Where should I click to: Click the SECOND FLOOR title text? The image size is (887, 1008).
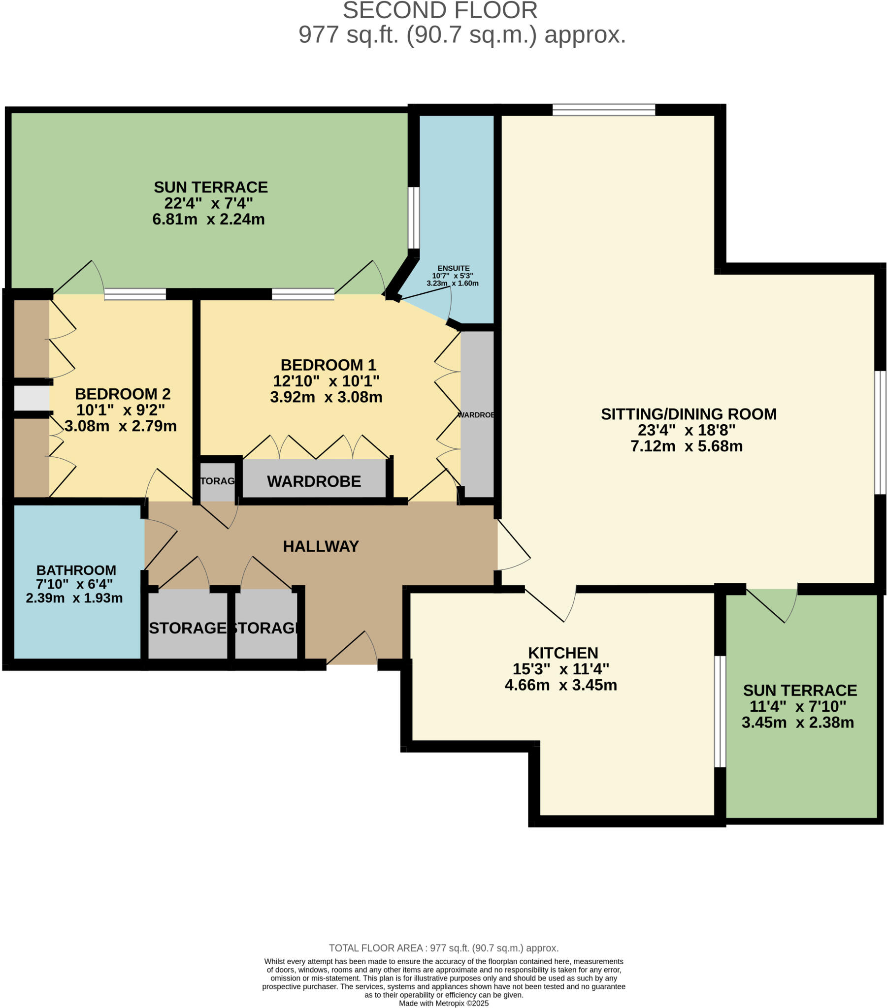(x=440, y=11)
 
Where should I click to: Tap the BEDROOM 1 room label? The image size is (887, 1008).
(x=328, y=365)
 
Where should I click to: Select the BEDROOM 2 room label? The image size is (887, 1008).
(x=123, y=394)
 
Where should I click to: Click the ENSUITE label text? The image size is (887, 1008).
(x=453, y=268)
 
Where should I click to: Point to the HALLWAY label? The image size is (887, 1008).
(x=321, y=546)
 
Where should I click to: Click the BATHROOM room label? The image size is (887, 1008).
(x=76, y=570)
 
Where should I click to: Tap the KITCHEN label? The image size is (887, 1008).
(x=563, y=653)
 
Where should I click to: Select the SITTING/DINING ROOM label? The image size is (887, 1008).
(x=688, y=414)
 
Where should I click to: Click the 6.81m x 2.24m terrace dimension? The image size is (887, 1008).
(x=208, y=219)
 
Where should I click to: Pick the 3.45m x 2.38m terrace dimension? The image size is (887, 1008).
(x=797, y=723)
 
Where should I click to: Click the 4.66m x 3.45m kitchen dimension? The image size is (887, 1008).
(x=560, y=685)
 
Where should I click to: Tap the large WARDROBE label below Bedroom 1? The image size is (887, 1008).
(x=314, y=481)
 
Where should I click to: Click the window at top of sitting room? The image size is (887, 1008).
(x=603, y=109)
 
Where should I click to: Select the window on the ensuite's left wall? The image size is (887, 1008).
(x=413, y=218)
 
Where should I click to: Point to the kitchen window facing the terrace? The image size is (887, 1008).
(x=720, y=711)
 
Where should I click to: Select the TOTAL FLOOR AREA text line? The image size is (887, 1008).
(x=443, y=948)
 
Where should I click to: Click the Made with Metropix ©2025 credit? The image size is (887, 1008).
(x=443, y=1003)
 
